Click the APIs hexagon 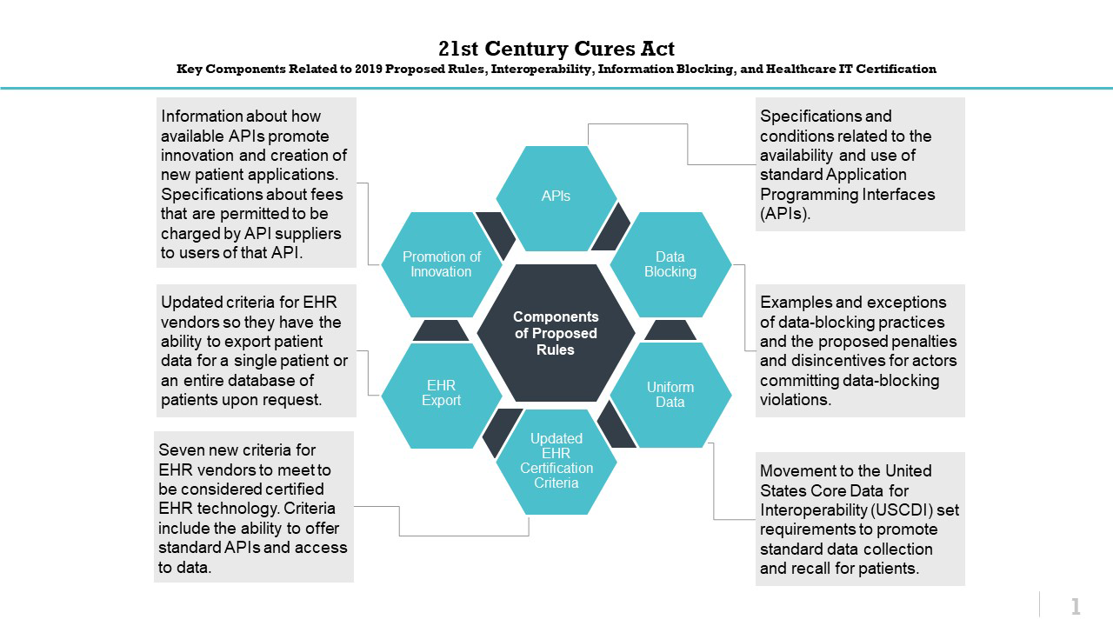point(556,196)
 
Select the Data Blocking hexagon point(670,264)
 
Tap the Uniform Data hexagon point(670,395)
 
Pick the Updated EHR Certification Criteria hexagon point(556,461)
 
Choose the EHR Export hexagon point(441,393)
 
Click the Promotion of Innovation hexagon point(441,264)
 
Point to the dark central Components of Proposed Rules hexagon point(556,333)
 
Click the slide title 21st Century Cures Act point(556,49)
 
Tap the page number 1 point(1076,606)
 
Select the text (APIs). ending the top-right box point(785,213)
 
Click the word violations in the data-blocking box point(795,400)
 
